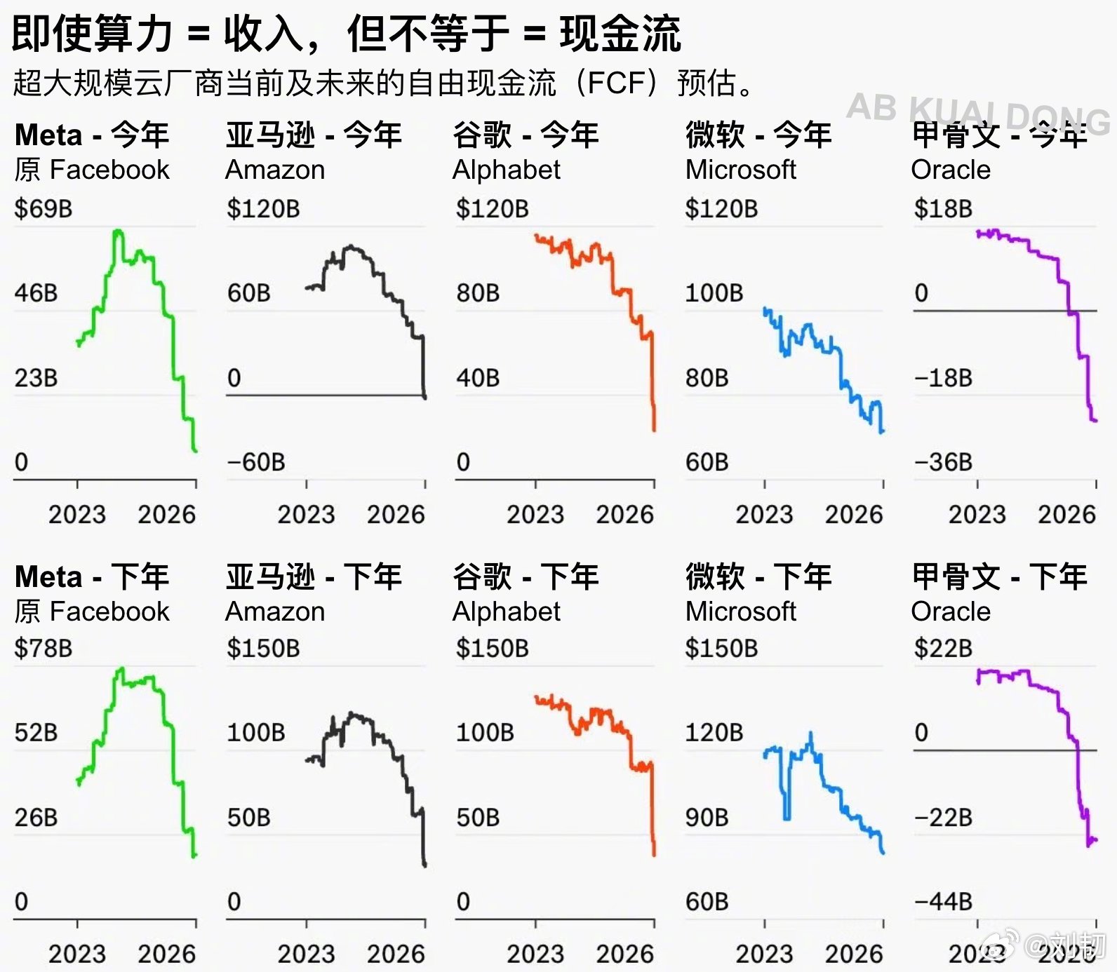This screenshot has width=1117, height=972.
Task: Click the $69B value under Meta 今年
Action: tap(44, 209)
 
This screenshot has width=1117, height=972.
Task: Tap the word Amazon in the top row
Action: tap(275, 170)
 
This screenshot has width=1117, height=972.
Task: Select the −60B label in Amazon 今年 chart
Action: tap(256, 462)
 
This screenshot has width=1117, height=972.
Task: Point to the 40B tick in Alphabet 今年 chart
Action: tap(478, 378)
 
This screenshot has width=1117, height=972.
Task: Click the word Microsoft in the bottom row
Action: tap(740, 612)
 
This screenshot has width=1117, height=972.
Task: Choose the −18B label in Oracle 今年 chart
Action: tap(943, 378)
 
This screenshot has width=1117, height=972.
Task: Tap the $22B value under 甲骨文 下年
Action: tap(943, 648)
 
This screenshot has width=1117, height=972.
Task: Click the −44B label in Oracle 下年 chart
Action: tap(943, 901)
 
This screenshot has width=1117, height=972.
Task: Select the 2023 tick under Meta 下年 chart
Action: tap(77, 954)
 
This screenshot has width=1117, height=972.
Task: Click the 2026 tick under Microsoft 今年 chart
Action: tap(854, 515)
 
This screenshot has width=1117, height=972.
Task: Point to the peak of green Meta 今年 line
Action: tap(118, 231)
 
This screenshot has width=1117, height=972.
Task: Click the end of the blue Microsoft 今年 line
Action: tap(883, 431)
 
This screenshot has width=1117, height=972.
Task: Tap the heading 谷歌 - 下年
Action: tap(526, 577)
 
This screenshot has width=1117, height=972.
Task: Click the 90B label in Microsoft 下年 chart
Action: tap(707, 818)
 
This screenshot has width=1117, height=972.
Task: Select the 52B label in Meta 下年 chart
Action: tap(36, 733)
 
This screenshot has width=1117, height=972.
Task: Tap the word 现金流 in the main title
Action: tap(620, 34)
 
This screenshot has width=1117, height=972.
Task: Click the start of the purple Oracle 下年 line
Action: tap(978, 681)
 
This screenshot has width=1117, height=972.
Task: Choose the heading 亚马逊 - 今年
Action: tap(314, 135)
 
